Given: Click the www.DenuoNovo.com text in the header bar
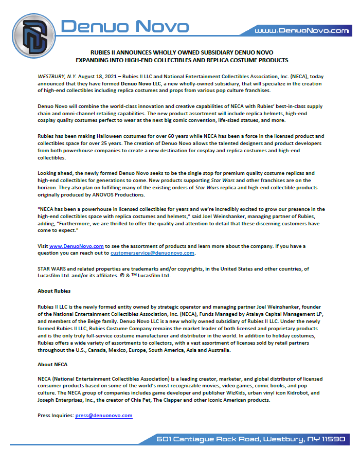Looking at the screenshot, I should click(x=302, y=31).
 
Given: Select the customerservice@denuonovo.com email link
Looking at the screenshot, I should click(x=152, y=253).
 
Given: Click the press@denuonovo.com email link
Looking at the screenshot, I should click(x=104, y=415).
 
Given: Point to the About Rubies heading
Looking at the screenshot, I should click(x=54, y=291).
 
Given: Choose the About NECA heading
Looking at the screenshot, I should click(x=52, y=364).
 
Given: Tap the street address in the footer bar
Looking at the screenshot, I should click(x=250, y=439).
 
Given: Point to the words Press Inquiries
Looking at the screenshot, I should click(x=56, y=415).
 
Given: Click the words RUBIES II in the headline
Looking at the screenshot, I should click(x=104, y=52).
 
